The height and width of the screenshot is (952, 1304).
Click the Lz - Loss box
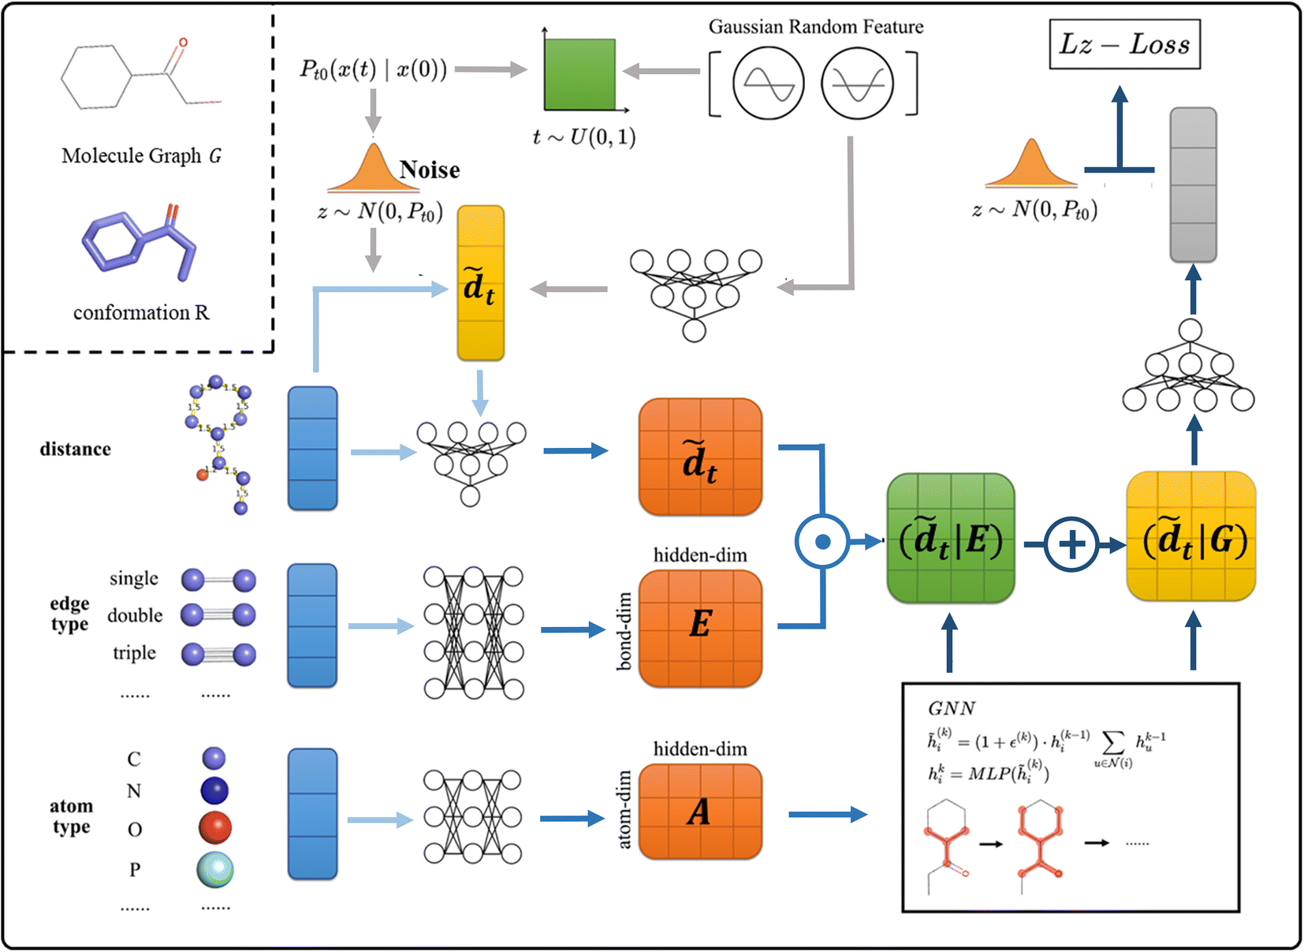(1124, 45)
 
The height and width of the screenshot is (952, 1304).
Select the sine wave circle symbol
(768, 84)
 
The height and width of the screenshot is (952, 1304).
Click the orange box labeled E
(700, 629)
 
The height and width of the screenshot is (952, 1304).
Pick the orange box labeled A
(700, 812)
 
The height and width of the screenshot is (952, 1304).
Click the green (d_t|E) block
(951, 539)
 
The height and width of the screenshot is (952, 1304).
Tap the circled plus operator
(1071, 544)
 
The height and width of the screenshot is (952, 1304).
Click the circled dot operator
(822, 542)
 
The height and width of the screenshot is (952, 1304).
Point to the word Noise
(430, 170)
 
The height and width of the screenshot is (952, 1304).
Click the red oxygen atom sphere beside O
(215, 828)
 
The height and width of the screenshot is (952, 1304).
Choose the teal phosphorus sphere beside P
(215, 869)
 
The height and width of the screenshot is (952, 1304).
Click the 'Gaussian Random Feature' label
(816, 27)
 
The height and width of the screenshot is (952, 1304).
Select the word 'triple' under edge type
(134, 653)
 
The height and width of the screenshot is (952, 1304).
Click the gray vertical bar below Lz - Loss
(1193, 185)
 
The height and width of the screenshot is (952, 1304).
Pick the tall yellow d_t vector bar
(480, 283)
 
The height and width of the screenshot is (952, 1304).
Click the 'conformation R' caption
(141, 313)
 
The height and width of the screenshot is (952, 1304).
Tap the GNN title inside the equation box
(952, 708)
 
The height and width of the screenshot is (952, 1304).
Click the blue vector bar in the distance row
(312, 448)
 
